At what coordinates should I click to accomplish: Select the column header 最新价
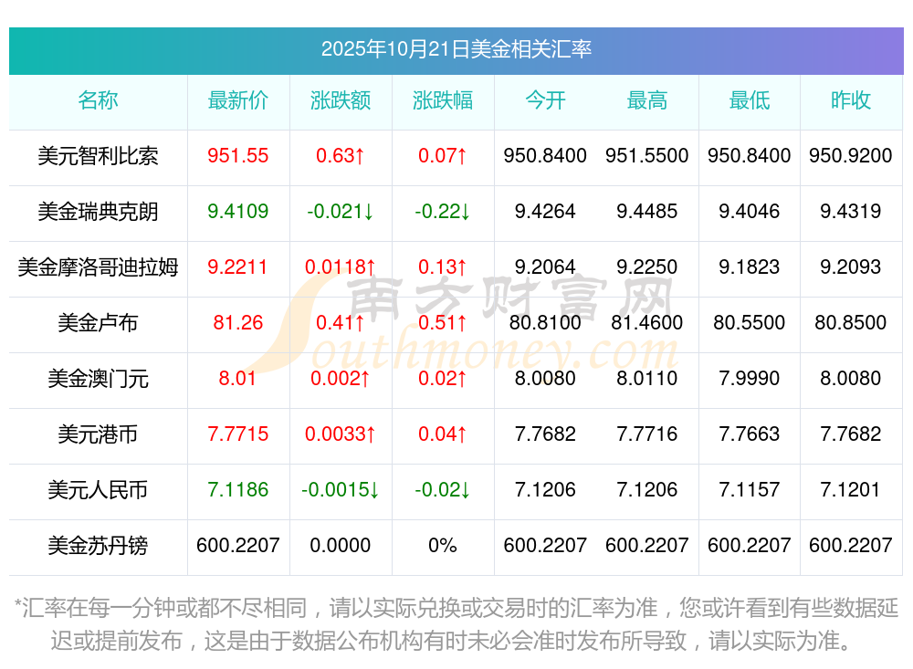click(x=238, y=100)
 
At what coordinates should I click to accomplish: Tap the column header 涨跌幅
click(x=443, y=100)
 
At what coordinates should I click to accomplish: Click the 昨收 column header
click(x=851, y=100)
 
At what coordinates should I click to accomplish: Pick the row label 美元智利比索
click(x=98, y=156)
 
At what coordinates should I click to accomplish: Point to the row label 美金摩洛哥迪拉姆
click(x=98, y=267)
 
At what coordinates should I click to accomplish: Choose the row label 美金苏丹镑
click(x=98, y=546)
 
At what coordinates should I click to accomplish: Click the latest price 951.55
click(x=238, y=156)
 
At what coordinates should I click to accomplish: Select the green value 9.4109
click(x=238, y=212)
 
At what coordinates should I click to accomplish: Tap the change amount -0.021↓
click(x=341, y=212)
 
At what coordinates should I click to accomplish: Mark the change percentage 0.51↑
click(x=443, y=323)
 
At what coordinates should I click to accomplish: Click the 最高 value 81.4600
click(x=647, y=323)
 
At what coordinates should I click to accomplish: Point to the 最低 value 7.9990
click(x=750, y=379)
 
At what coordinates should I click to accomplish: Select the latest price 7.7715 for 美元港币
click(x=238, y=434)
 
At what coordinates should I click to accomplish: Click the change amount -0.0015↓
click(x=341, y=490)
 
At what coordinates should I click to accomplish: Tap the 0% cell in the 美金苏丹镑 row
click(x=443, y=546)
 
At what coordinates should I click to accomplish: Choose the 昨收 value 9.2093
click(x=851, y=267)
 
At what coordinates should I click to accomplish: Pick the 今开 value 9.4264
click(x=545, y=212)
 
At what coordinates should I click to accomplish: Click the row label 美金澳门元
click(x=98, y=379)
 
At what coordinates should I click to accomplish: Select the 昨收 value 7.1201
click(x=851, y=490)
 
